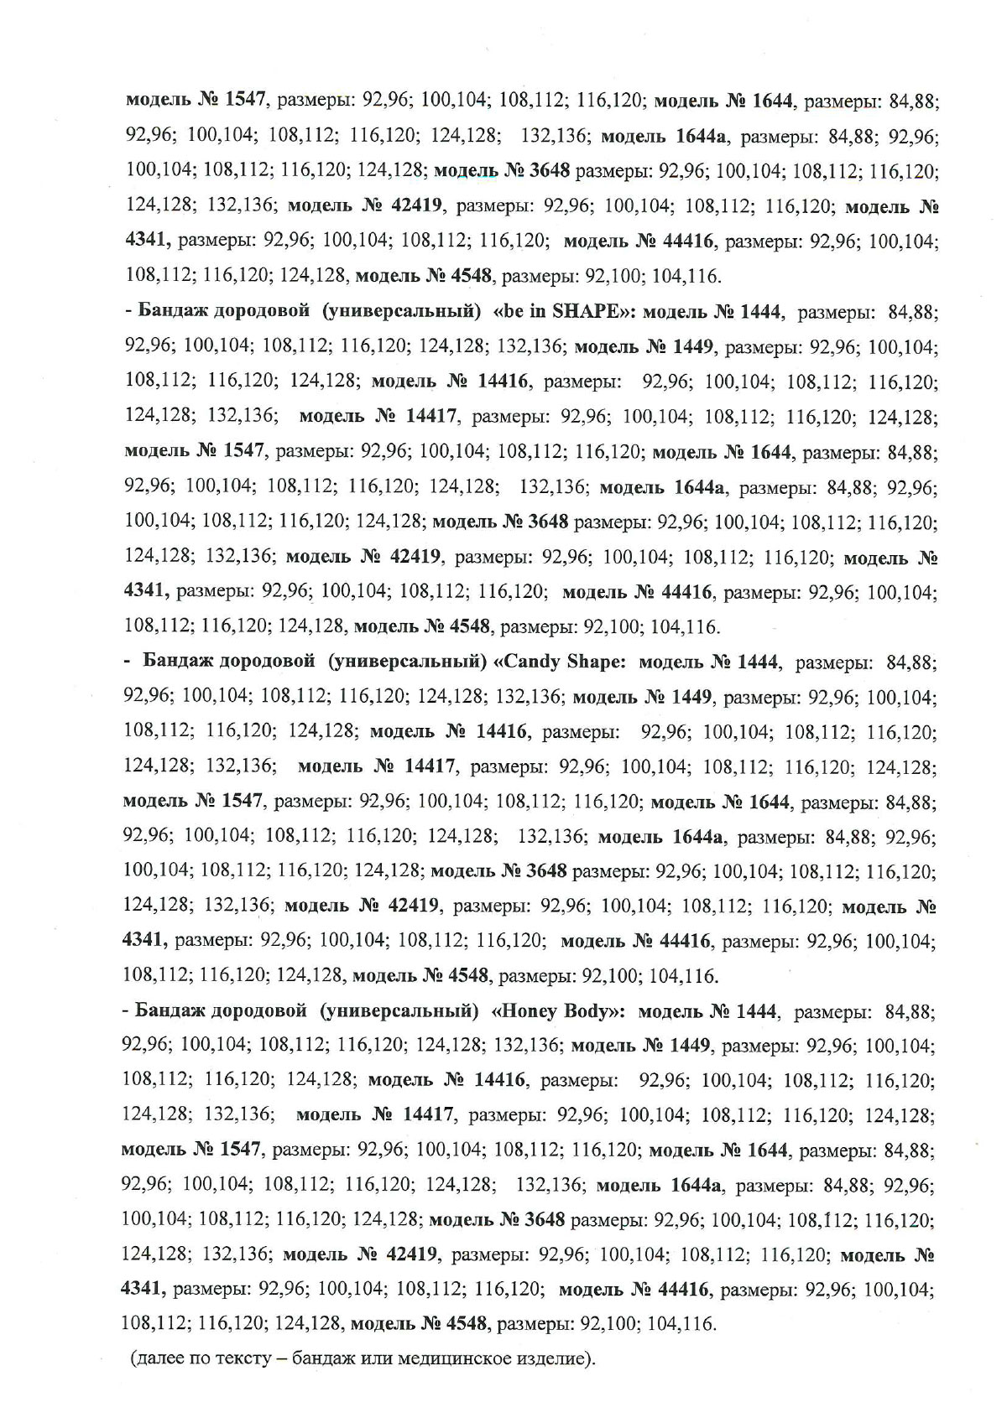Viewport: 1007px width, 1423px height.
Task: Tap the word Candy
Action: pyautogui.click(x=532, y=662)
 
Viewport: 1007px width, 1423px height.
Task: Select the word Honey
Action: pyautogui.click(x=530, y=1010)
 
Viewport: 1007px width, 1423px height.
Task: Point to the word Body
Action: pyautogui.click(x=592, y=1010)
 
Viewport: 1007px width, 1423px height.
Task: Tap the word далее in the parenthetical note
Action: pyautogui.click(x=163, y=1358)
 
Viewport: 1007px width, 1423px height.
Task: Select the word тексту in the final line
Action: pyautogui.click(x=242, y=1358)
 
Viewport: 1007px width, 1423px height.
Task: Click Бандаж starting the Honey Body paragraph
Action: pyautogui.click(x=173, y=1011)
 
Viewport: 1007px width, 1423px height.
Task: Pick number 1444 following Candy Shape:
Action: pyautogui.click(x=759, y=662)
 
